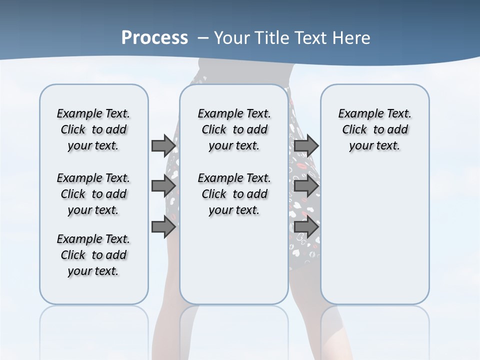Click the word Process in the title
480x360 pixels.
(154, 38)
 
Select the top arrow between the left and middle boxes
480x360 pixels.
(163, 145)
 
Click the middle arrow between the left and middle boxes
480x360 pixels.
(163, 186)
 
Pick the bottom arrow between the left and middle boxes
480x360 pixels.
(163, 227)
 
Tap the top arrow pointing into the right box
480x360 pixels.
(306, 145)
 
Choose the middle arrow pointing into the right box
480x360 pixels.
(306, 186)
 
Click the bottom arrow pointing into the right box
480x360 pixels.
(306, 227)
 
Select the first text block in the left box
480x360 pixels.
(93, 129)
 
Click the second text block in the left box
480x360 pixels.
(93, 194)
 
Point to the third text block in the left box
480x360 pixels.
(93, 255)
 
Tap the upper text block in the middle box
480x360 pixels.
(234, 129)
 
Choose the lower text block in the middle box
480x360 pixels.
(234, 194)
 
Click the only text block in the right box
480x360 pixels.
(374, 129)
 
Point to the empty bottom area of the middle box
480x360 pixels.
(234, 265)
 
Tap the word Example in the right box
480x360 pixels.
(357, 114)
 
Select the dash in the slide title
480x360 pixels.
(203, 38)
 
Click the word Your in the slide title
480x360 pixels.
(231, 38)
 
